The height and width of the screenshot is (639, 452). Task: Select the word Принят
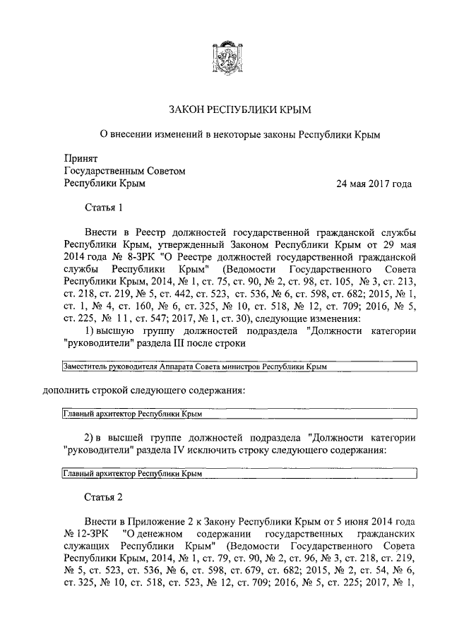click(81, 159)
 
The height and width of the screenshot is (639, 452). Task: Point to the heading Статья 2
click(104, 496)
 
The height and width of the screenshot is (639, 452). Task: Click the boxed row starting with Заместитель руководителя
click(239, 367)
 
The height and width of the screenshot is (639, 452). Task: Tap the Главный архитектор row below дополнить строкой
click(239, 414)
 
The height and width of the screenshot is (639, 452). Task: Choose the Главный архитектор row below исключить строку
click(239, 474)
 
